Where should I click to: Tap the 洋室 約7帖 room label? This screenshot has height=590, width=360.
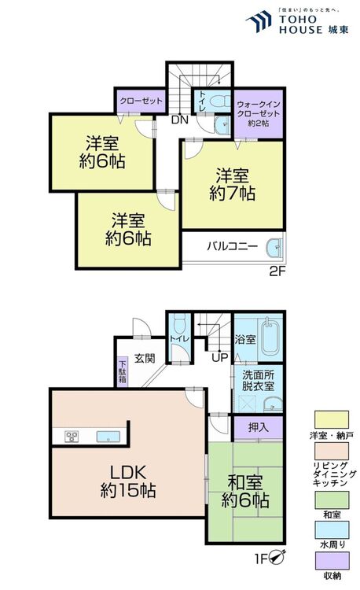pyautogui.click(x=232, y=183)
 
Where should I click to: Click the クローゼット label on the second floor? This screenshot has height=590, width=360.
pyautogui.click(x=141, y=101)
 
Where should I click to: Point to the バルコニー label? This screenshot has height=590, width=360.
pyautogui.click(x=233, y=246)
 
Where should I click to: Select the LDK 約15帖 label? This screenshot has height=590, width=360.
pyautogui.click(x=127, y=481)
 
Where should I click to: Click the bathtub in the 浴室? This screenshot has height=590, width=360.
pyautogui.click(x=267, y=337)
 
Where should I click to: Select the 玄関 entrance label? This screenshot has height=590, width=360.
pyautogui.click(x=145, y=359)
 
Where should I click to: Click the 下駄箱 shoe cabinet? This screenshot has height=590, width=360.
pyautogui.click(x=122, y=371)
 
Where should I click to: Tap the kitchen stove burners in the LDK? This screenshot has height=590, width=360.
pyautogui.click(x=70, y=437)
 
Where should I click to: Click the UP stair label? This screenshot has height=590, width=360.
pyautogui.click(x=219, y=358)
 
